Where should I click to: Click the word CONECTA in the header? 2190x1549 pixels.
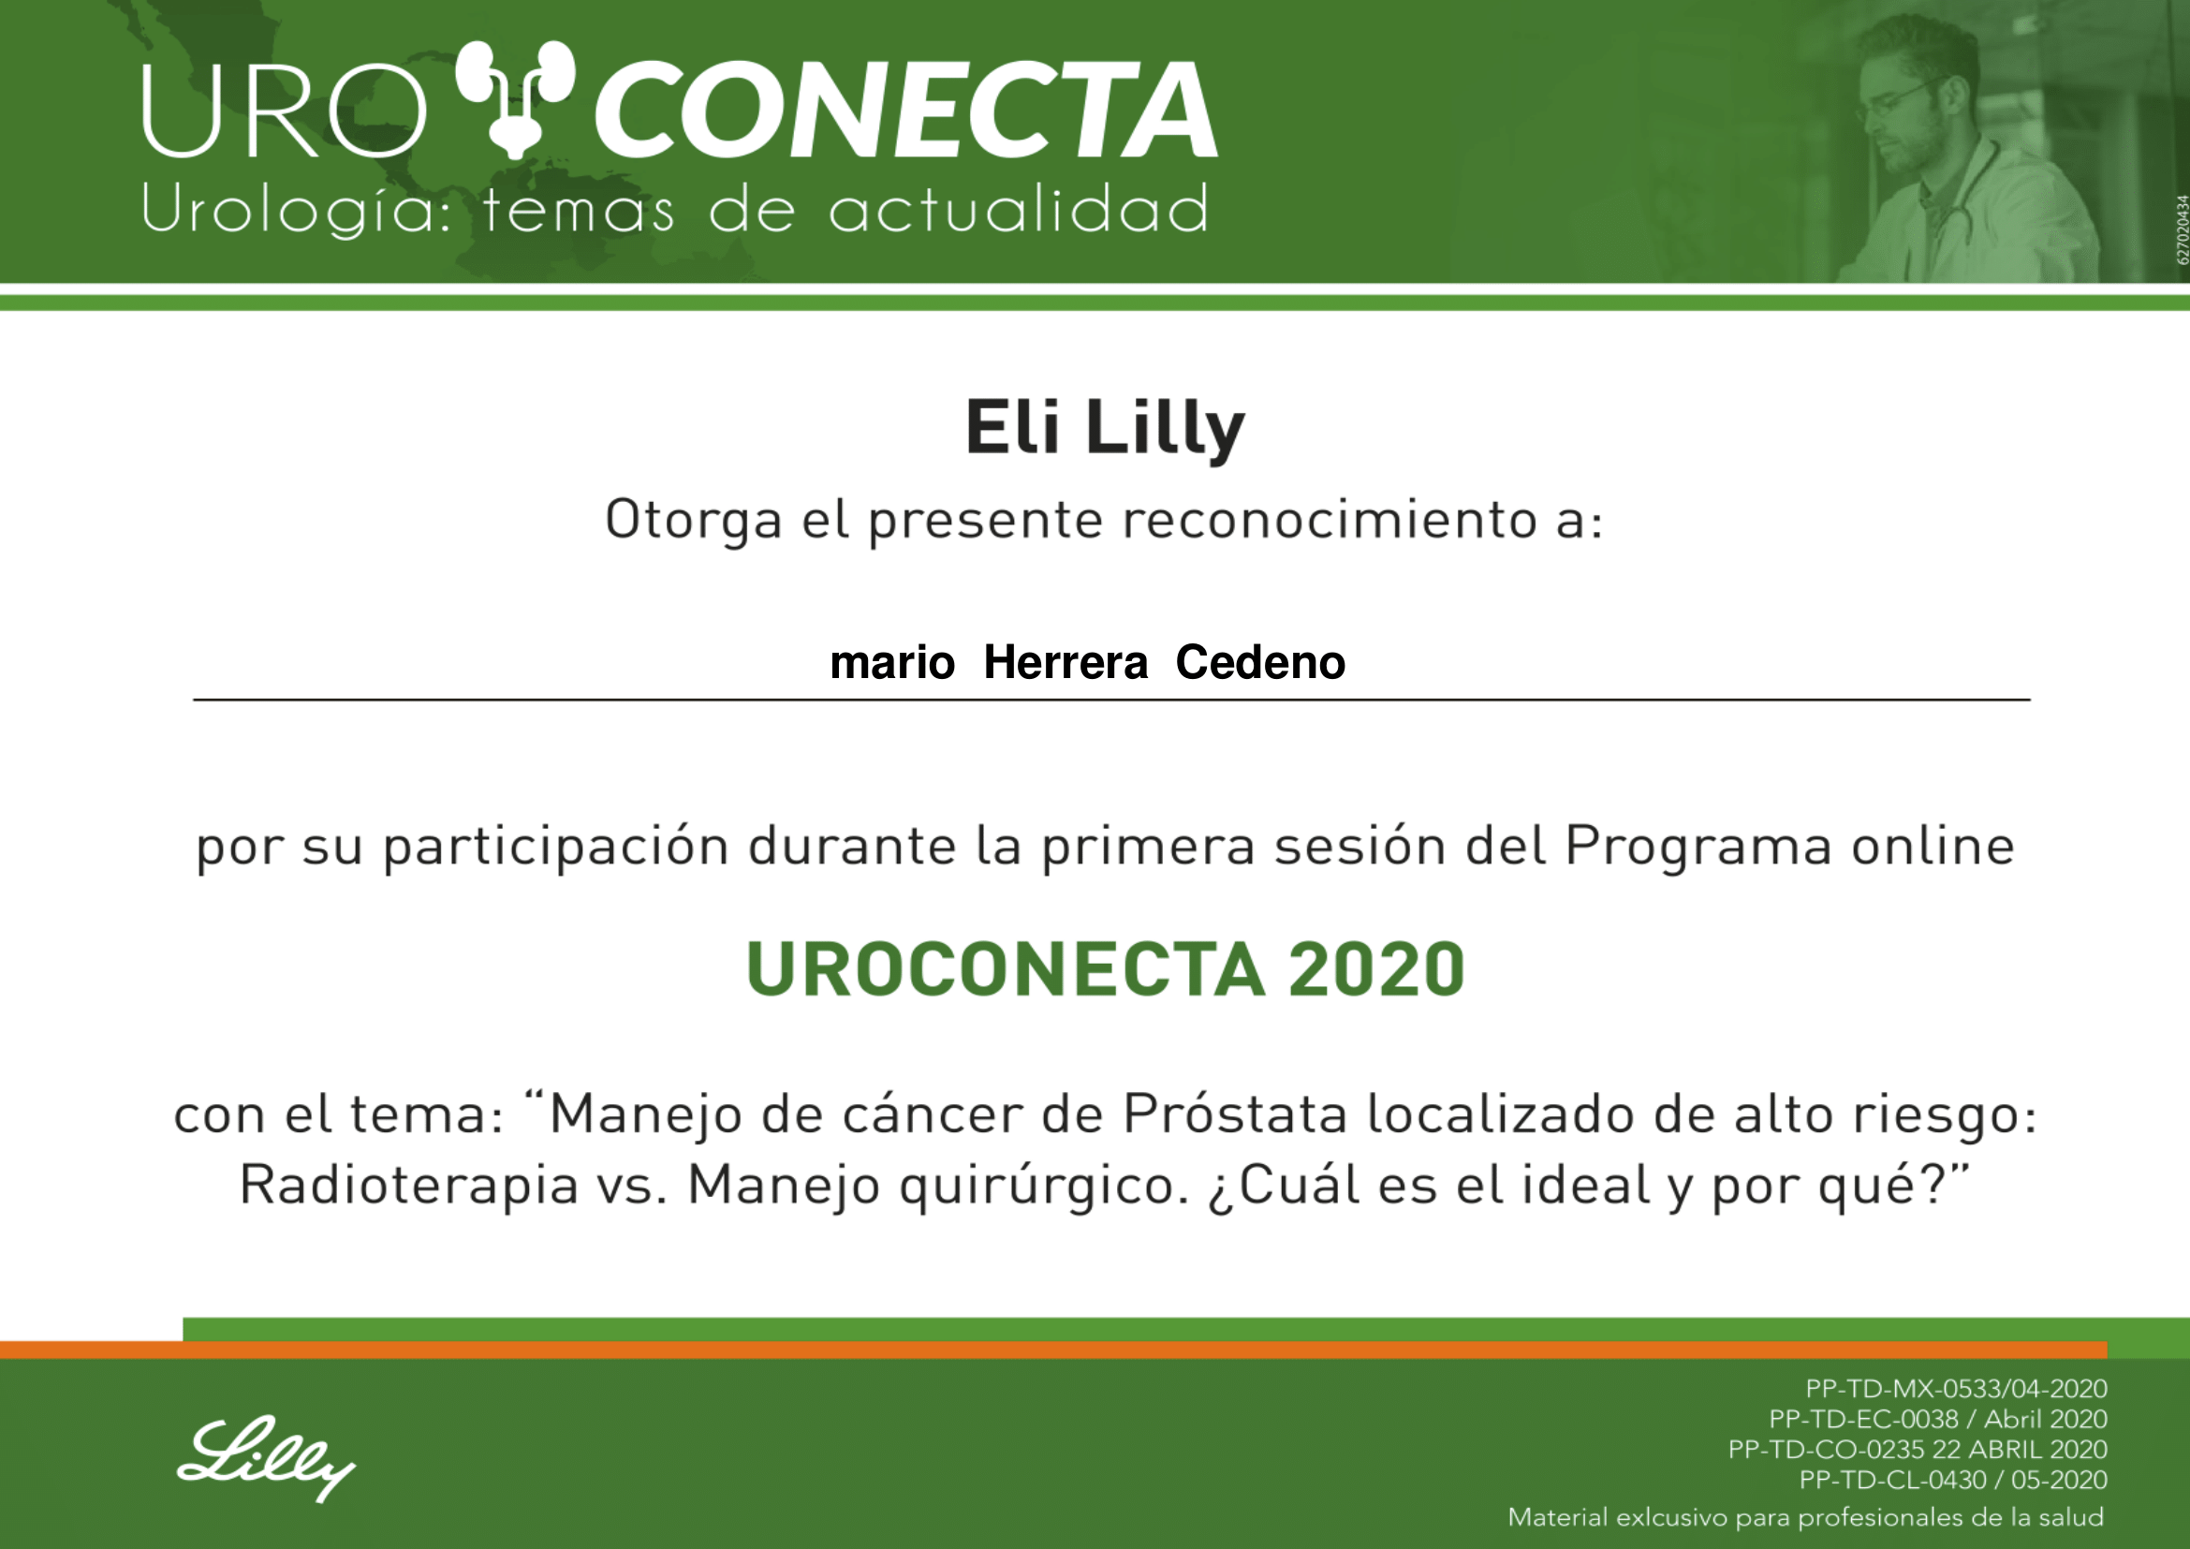pos(905,109)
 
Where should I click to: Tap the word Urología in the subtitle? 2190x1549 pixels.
pos(297,211)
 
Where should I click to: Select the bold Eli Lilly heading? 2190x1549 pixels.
pos(1105,428)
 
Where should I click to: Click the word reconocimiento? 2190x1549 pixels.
pos(1330,521)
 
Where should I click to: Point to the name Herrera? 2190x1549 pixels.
pos(1066,662)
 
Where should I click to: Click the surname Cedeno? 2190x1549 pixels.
pos(1260,662)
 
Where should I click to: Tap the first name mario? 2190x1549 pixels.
pos(892,663)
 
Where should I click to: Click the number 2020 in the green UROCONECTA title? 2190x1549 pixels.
pos(1376,970)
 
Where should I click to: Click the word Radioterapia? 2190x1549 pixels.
pos(408,1186)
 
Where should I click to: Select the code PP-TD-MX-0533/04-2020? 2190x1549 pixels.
pos(1956,1389)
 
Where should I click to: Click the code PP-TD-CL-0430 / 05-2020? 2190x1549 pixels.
pos(1953,1481)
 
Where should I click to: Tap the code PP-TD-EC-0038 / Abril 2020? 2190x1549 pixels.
pos(1938,1419)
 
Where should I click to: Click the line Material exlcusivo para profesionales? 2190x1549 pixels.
pos(1805,1517)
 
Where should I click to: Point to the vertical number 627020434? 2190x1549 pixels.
pos(2182,229)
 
